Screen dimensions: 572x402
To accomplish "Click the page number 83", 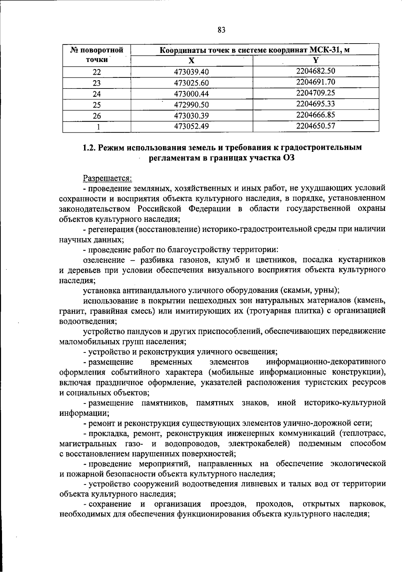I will [x=221, y=30].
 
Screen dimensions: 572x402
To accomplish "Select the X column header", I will [x=191, y=61].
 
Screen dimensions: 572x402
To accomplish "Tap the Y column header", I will [x=316, y=60].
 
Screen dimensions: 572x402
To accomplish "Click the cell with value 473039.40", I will [x=191, y=72].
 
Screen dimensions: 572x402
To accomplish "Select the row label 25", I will [x=96, y=105].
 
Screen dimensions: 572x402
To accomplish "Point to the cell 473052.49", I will [x=191, y=127].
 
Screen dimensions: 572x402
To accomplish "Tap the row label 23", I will [x=96, y=83].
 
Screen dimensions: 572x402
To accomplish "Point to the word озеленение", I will [x=104, y=260].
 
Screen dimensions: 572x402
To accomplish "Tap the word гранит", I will [x=70, y=311].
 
